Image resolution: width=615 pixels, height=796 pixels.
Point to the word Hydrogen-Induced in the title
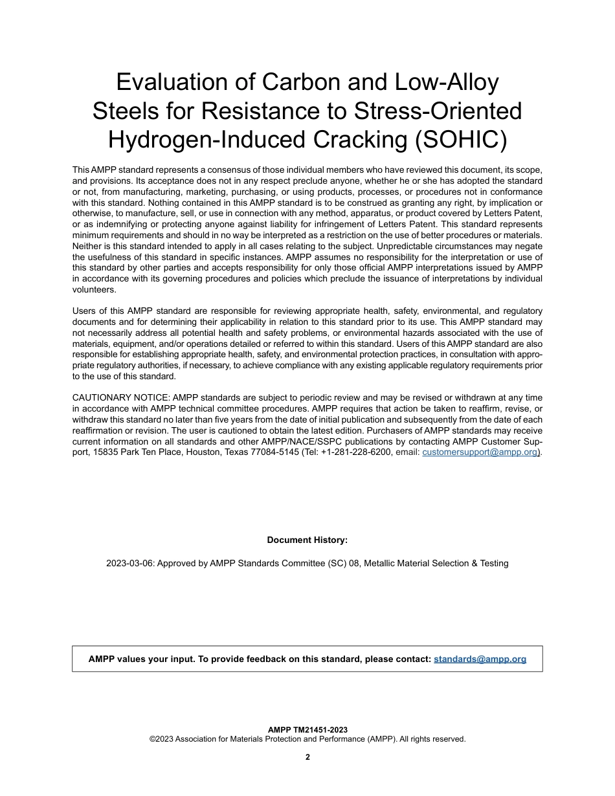226,140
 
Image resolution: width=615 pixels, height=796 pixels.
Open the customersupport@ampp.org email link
480,452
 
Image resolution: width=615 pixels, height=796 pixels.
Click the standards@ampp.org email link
480,659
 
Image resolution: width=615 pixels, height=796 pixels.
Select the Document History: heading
307,540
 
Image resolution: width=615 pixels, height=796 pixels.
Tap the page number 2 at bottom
307,757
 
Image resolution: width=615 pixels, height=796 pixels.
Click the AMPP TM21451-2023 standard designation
307,730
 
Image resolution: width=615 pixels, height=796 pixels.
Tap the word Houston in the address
201,452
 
